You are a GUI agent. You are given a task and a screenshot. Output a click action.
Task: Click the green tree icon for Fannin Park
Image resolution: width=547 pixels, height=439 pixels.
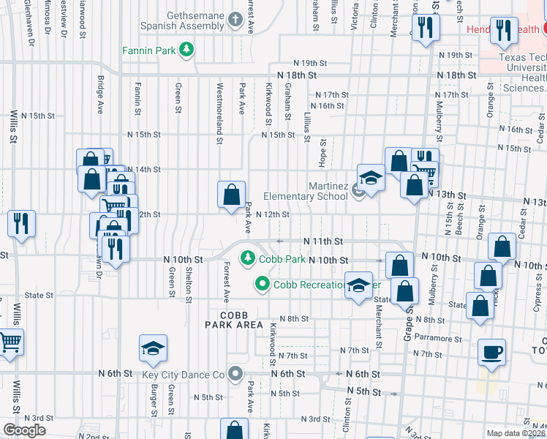pyautogui.click(x=188, y=50)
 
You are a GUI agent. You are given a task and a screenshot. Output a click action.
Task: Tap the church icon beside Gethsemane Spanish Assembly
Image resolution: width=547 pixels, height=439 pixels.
pyautogui.click(x=235, y=20)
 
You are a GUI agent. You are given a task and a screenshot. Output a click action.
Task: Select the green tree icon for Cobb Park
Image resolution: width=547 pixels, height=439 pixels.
pyautogui.click(x=248, y=258)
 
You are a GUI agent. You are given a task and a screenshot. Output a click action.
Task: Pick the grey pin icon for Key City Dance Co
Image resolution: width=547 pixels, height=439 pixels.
pyautogui.click(x=235, y=375)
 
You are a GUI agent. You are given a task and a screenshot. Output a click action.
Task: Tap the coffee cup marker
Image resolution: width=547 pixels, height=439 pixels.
pyautogui.click(x=491, y=352)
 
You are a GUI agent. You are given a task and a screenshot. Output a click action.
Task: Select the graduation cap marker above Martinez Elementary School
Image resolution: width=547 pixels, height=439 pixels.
pyautogui.click(x=371, y=178)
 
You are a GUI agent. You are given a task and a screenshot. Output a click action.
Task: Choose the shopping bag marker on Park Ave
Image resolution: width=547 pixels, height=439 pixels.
pyautogui.click(x=231, y=195)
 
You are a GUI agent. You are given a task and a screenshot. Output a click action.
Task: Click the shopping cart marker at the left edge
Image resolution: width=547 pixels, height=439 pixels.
pyautogui.click(x=9, y=341)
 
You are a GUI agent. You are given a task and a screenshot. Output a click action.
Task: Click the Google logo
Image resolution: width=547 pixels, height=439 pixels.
pyautogui.click(x=24, y=429)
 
